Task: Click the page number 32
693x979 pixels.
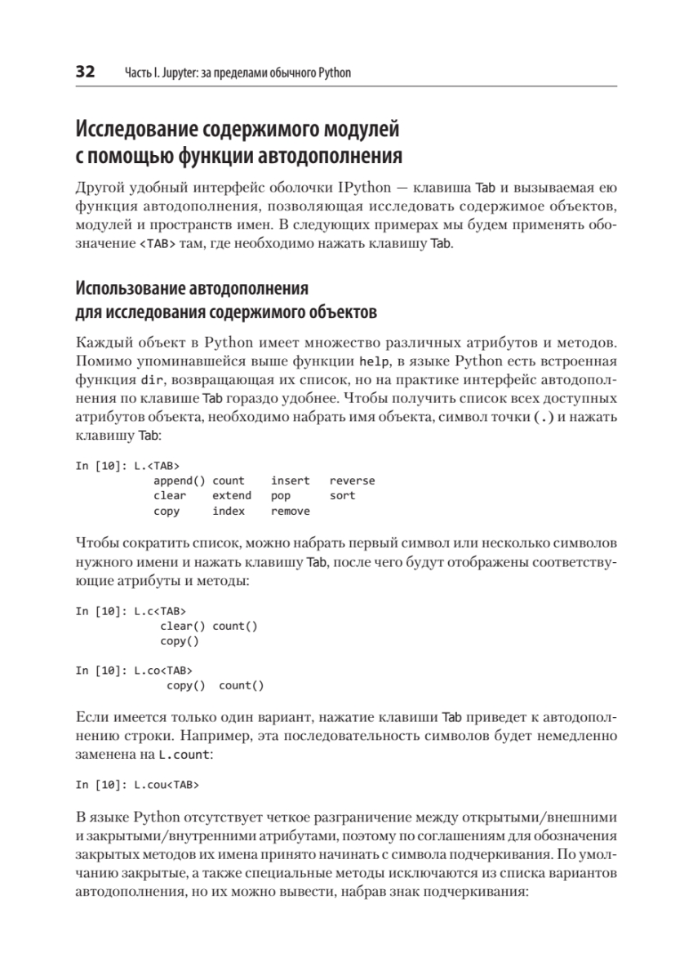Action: pyautogui.click(x=85, y=72)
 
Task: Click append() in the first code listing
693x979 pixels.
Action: pyautogui.click(x=180, y=481)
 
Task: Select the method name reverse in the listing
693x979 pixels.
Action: pyautogui.click(x=352, y=481)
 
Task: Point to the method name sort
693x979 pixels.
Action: pyautogui.click(x=342, y=495)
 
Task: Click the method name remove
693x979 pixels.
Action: pyautogui.click(x=290, y=511)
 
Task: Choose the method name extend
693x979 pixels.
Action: pyautogui.click(x=232, y=495)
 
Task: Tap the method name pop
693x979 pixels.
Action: pyautogui.click(x=280, y=495)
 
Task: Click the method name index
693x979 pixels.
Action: pyautogui.click(x=229, y=511)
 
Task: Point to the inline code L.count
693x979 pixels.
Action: pyautogui.click(x=184, y=755)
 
